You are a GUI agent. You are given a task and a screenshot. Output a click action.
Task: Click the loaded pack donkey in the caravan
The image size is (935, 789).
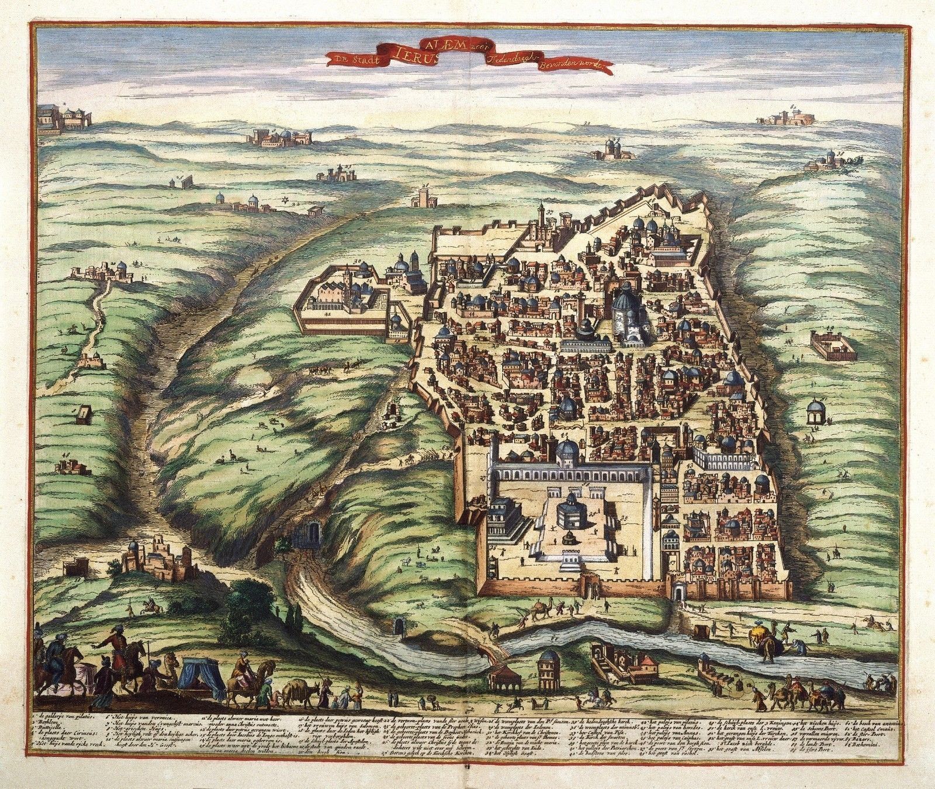pyautogui.click(x=299, y=692)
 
